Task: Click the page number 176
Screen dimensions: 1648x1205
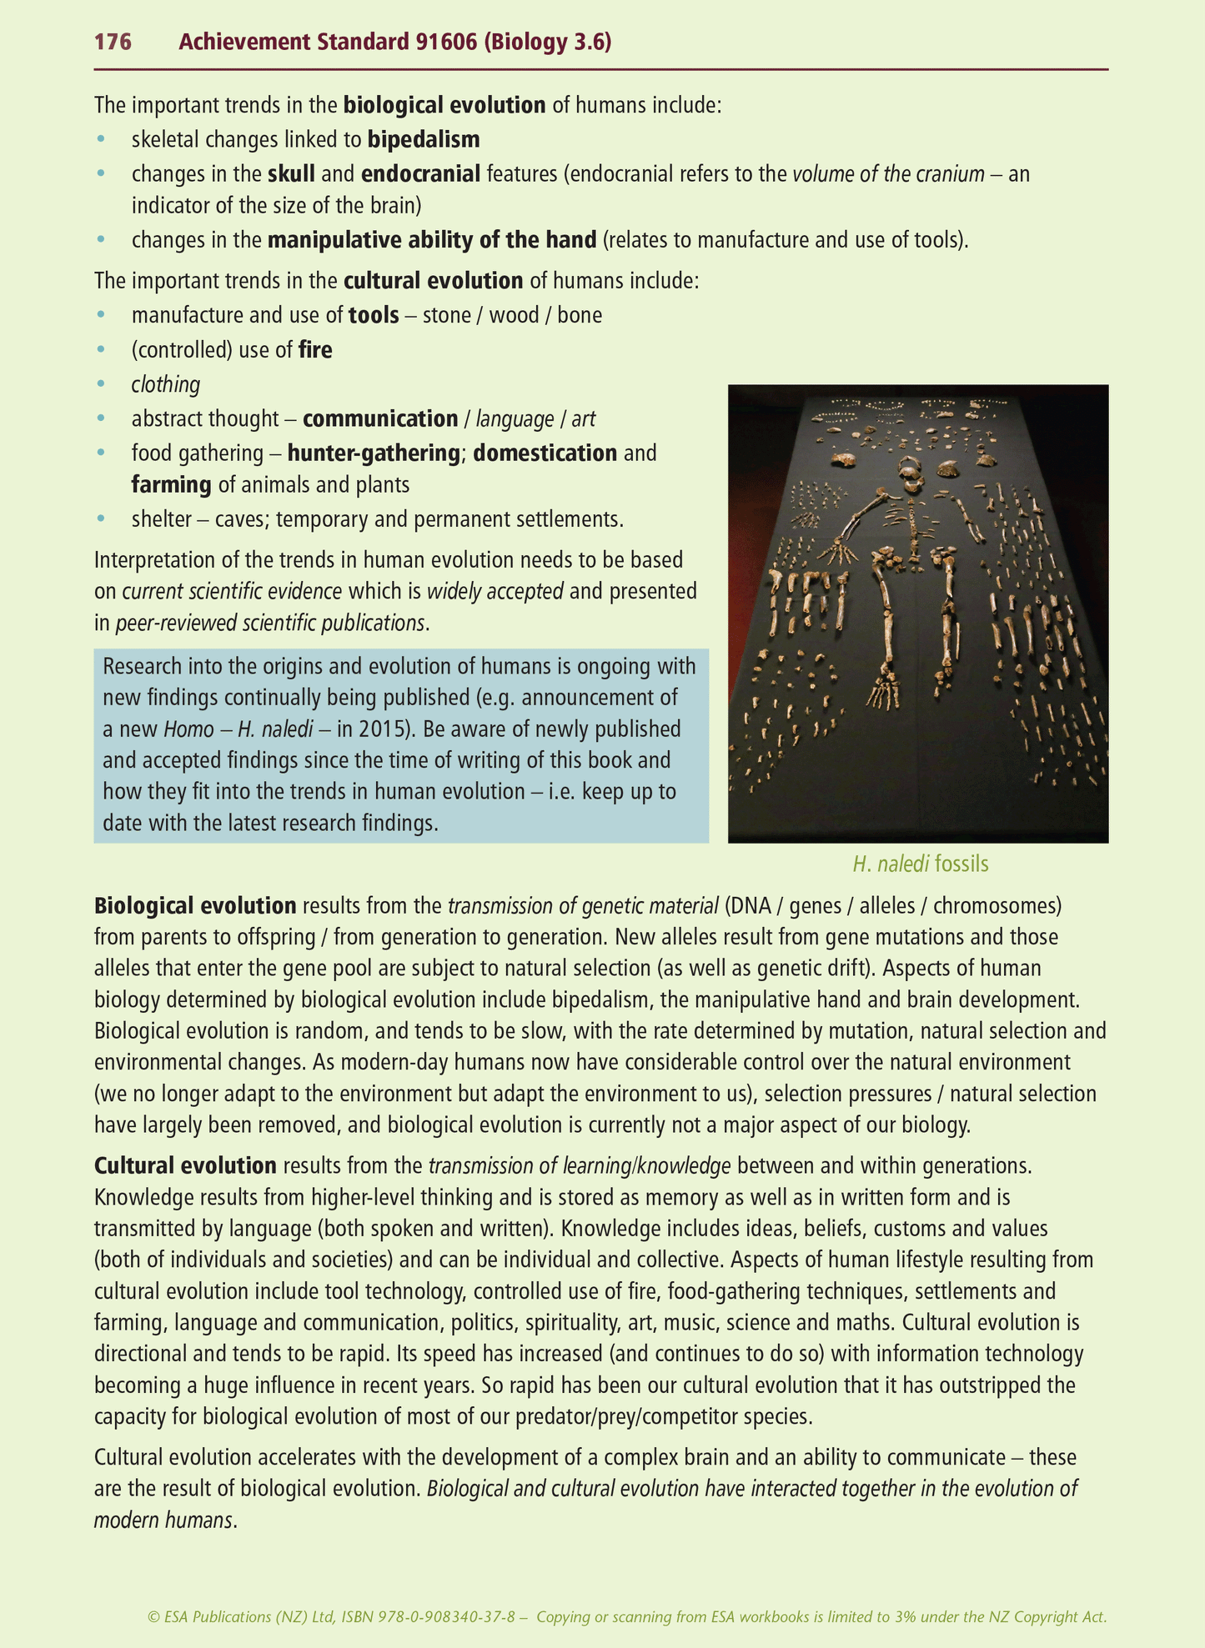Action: click(x=113, y=42)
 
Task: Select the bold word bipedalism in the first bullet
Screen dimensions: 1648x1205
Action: click(x=424, y=139)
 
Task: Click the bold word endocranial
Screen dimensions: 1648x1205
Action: click(x=420, y=174)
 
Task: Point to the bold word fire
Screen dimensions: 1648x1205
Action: click(x=315, y=350)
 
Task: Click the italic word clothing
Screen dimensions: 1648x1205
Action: click(x=166, y=385)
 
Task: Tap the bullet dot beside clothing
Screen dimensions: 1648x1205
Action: click(x=102, y=384)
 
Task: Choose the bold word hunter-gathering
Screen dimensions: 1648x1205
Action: click(x=374, y=453)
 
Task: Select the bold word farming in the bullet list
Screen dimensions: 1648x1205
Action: click(x=171, y=485)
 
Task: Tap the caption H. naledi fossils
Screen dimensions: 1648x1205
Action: click(x=920, y=864)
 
